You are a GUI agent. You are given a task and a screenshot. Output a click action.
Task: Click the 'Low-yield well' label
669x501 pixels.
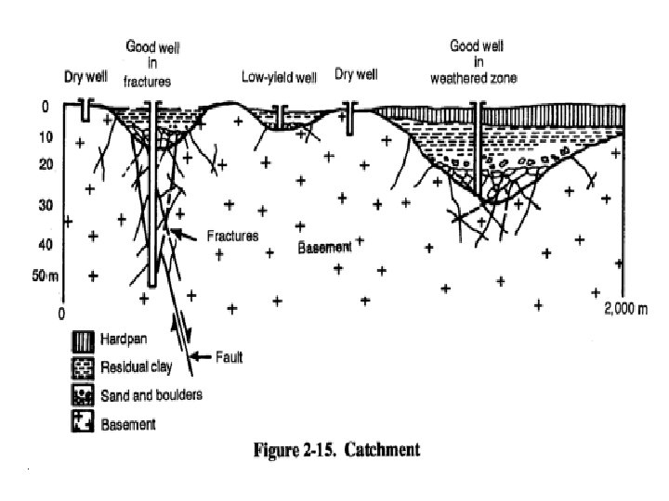(279, 76)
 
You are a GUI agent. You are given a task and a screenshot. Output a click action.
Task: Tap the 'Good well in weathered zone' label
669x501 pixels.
(477, 60)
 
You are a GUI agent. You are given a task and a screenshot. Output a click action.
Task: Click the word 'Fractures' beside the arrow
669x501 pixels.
(232, 236)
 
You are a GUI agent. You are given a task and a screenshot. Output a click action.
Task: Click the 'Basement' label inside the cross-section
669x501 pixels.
(325, 248)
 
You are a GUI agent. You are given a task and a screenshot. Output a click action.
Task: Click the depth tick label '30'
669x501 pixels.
(45, 204)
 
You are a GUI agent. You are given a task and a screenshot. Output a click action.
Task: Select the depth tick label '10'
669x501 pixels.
(45, 137)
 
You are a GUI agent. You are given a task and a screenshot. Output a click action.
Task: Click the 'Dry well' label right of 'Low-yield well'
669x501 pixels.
(358, 74)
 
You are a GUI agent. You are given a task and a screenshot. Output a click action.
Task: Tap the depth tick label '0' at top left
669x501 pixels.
(45, 107)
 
